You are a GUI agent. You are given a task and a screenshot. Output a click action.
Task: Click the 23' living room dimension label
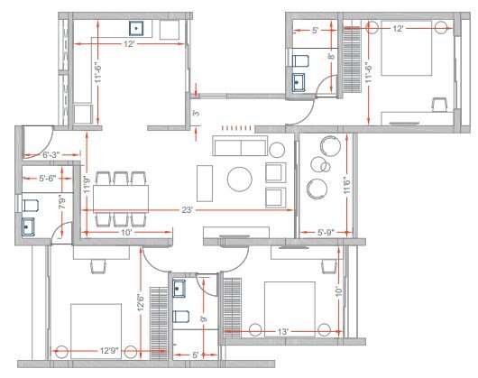[188, 210]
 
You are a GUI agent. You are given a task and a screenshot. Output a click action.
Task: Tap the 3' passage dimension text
[196, 114]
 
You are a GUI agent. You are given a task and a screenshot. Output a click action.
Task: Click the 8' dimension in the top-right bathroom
[331, 58]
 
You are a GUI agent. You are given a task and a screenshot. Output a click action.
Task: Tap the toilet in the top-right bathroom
[301, 60]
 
